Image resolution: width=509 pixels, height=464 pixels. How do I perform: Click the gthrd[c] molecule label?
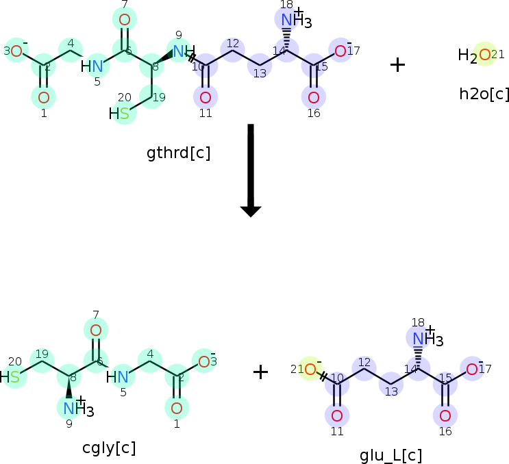coord(178,153)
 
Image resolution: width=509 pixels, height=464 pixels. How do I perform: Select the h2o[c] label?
coord(484,94)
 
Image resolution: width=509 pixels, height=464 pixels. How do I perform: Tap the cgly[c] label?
coord(109,448)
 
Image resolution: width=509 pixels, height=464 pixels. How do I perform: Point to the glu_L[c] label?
coord(390,455)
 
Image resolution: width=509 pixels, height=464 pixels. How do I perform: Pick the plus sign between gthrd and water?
coord(397,64)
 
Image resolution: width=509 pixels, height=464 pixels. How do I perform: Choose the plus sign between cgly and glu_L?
coord(260,372)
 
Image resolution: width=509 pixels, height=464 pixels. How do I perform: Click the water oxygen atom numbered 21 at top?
coord(484,55)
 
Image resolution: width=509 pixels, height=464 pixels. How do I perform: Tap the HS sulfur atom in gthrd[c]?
coord(124,114)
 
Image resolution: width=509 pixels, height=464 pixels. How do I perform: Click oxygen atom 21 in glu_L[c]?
coord(310,370)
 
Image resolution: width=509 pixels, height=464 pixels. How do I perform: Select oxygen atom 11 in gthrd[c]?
coord(206,96)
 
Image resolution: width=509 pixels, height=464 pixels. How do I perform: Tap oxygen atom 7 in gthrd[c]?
coord(124,19)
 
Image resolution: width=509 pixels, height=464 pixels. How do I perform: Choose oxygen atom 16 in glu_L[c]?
coord(445,415)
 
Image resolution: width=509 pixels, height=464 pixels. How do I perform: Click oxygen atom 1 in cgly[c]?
coord(176,409)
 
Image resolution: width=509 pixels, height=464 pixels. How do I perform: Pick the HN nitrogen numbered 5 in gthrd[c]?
coord(97,66)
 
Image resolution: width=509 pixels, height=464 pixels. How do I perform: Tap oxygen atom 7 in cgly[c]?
coord(96,331)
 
